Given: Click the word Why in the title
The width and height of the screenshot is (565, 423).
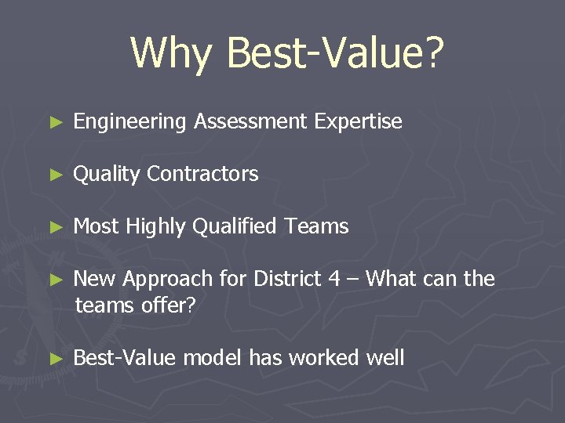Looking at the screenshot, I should tap(171, 52).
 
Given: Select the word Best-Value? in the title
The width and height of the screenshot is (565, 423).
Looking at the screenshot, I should tap(335, 52).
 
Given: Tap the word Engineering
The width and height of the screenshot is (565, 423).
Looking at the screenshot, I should tap(130, 122).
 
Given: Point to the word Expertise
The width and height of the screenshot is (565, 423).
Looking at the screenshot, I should tap(358, 121).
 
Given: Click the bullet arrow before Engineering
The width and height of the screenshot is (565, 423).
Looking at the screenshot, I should tap(54, 122).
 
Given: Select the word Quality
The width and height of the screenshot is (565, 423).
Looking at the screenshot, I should tap(107, 174).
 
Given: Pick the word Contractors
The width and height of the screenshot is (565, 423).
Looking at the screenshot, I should tap(202, 174).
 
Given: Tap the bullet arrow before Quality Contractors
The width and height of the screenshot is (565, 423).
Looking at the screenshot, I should tap(54, 175).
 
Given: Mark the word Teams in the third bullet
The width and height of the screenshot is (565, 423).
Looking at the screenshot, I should tap(317, 226).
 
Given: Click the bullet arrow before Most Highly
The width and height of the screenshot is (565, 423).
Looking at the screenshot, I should tap(54, 227).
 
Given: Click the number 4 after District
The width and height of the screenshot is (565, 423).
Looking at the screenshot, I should tap(336, 278).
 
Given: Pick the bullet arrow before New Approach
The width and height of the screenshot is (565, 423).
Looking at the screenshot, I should tap(54, 280).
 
